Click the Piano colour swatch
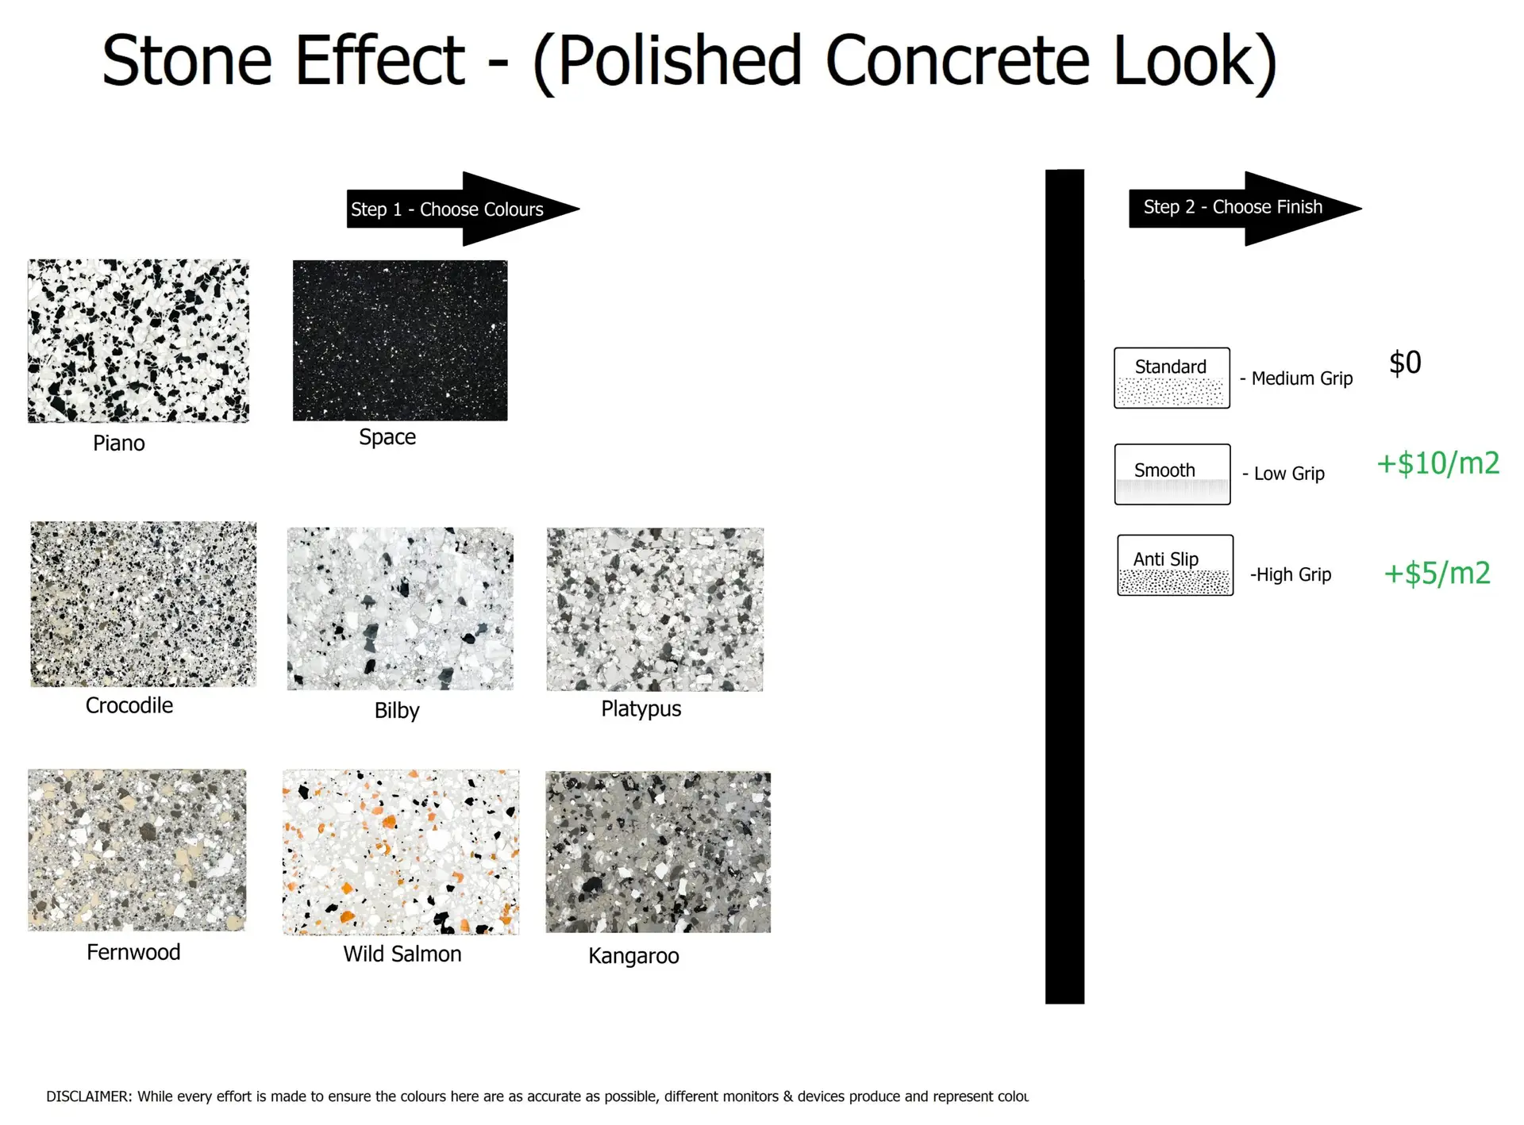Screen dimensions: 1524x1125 pyautogui.click(x=138, y=340)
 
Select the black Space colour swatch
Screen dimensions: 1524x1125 pyautogui.click(x=400, y=340)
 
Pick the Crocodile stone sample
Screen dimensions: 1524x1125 pyautogui.click(x=144, y=604)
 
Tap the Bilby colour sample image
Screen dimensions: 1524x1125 pyautogui.click(x=400, y=609)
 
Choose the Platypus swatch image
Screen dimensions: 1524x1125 pyautogui.click(x=655, y=609)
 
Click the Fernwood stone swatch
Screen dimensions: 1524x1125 pyautogui.click(x=137, y=850)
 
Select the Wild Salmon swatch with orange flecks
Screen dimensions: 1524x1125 pyautogui.click(x=401, y=852)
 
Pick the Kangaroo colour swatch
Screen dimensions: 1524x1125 pyautogui.click(x=658, y=852)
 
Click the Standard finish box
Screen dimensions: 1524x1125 pyautogui.click(x=1172, y=378)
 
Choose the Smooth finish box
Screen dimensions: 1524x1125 pyautogui.click(x=1172, y=474)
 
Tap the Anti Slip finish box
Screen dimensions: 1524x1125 pyautogui.click(x=1176, y=565)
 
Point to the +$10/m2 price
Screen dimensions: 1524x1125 pyautogui.click(x=1437, y=463)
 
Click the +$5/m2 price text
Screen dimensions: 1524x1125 pyautogui.click(x=1437, y=573)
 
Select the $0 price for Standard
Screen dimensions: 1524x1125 pyautogui.click(x=1405, y=363)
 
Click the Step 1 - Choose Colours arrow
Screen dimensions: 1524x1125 pyautogui.click(x=463, y=209)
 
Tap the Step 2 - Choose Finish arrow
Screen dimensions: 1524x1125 pyautogui.click(x=1245, y=208)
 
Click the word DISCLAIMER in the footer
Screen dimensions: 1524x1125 pyautogui.click(x=89, y=1096)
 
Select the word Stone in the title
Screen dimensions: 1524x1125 pyautogui.click(x=187, y=60)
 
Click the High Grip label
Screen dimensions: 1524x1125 pyautogui.click(x=1291, y=574)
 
